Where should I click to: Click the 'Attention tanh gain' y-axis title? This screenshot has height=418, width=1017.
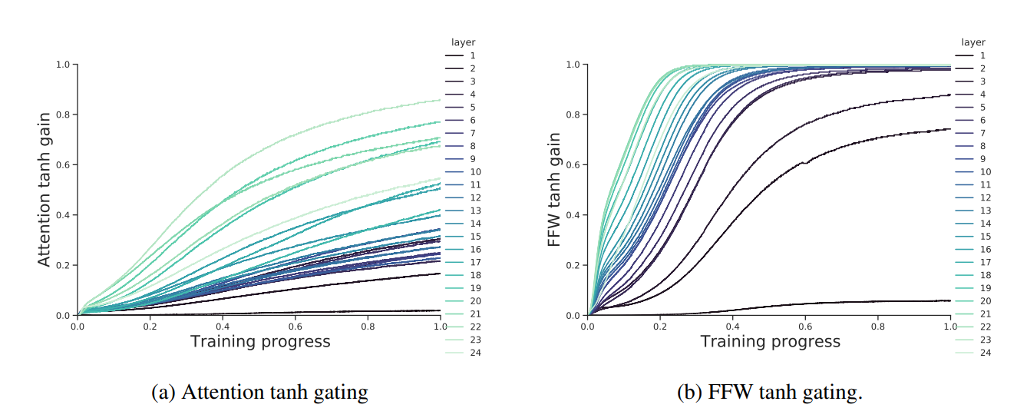45,190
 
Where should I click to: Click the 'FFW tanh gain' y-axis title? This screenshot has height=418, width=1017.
554,190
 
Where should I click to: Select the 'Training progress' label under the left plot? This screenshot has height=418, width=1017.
260,341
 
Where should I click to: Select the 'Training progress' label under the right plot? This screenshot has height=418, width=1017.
770,341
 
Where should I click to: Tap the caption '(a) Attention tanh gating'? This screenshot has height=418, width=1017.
260,393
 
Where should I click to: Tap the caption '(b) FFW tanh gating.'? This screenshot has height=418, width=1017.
770,393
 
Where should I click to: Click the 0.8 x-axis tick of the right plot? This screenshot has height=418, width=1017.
877,325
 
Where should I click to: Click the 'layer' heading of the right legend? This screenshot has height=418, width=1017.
972,42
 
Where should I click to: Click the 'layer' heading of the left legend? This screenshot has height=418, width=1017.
463,42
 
